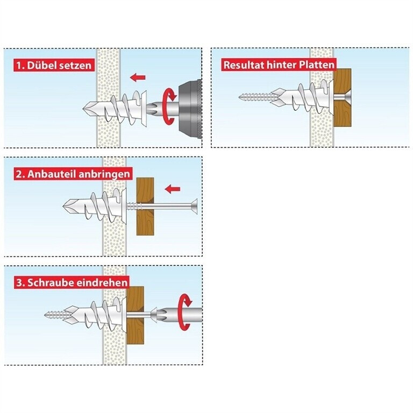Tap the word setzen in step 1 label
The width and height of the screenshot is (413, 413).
[75, 66]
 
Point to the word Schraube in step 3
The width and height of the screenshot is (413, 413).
[50, 283]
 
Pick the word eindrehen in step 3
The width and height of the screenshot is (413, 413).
[102, 283]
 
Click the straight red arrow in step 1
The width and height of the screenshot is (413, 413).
[138, 77]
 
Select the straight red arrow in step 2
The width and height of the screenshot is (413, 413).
[173, 189]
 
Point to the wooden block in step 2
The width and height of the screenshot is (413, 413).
[145, 206]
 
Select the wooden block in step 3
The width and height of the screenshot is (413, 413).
[136, 315]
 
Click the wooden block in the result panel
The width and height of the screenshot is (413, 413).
[343, 97]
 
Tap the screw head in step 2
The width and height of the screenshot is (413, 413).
[194, 206]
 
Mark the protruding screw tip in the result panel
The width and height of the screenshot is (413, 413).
[241, 97]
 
